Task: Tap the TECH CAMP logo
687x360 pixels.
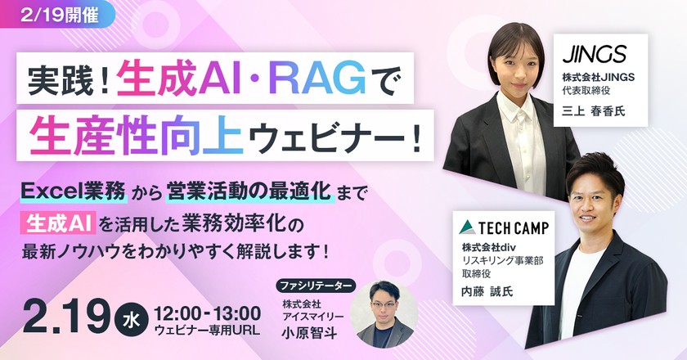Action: pos(504,227)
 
